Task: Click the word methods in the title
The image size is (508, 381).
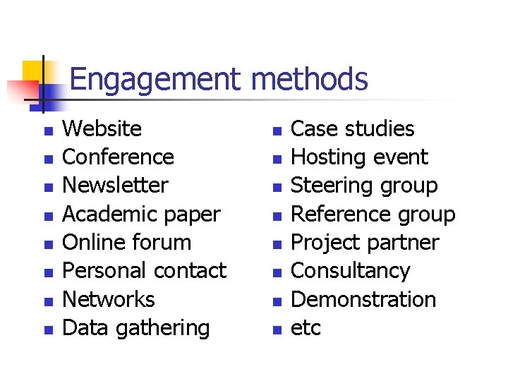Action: [x=309, y=80]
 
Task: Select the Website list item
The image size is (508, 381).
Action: [x=102, y=129]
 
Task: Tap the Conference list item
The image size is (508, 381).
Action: [x=119, y=157]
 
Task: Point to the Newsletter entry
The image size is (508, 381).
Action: [x=116, y=186]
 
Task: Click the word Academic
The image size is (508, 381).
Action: [x=103, y=214]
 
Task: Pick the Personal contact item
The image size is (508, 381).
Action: [x=145, y=271]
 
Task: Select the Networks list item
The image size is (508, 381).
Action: [x=109, y=300]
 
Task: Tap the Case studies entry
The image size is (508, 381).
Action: [x=353, y=129]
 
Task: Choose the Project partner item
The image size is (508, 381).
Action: [x=365, y=243]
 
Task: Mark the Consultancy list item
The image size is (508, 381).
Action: [x=351, y=271]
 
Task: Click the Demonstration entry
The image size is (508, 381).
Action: [x=363, y=300]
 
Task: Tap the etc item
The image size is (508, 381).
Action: [x=306, y=328]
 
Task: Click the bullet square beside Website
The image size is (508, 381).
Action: [x=47, y=131]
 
